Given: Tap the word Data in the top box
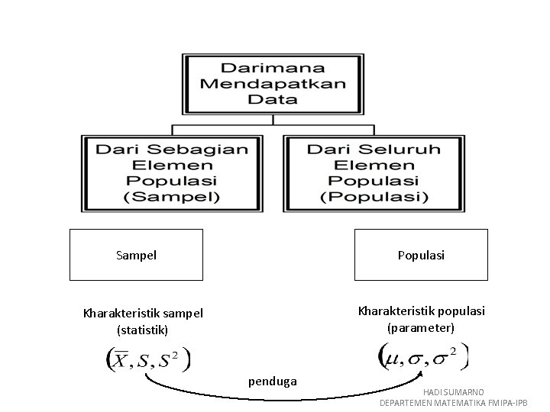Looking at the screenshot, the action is tap(272, 99).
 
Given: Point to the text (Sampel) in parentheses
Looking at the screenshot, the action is tap(172, 197).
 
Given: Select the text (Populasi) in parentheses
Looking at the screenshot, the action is tap(374, 197).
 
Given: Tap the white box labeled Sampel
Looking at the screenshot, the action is tap(136, 255).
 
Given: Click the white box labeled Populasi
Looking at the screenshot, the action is tap(421, 255).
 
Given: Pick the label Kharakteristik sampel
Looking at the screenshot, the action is tap(143, 314).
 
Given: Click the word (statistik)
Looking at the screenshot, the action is tap(143, 330).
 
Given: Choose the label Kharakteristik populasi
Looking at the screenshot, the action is tap(422, 311).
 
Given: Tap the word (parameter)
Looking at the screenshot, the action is tap(421, 328).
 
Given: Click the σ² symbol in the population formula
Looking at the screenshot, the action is tap(446, 356).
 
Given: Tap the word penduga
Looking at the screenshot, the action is tap(271, 379).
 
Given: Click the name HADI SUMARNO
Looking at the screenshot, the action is tap(454, 391).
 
